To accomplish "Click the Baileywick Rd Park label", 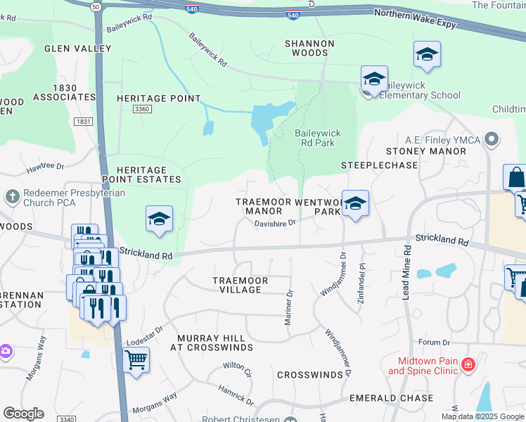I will tap(314, 137).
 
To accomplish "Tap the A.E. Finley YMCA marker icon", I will tap(492, 140).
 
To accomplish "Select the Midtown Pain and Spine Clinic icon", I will tap(468, 365).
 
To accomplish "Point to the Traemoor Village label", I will tap(240, 285).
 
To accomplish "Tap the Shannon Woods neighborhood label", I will tap(309, 48).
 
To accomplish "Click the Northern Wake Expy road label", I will tap(415, 18).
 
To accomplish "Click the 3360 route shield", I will tap(142, 109).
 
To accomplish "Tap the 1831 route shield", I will tap(83, 122).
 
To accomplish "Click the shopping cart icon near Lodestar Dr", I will tap(135, 359).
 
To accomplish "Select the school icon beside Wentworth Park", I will tap(356, 204).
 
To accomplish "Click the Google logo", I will tap(23, 414).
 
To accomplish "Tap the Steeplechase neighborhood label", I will tap(379, 165).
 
